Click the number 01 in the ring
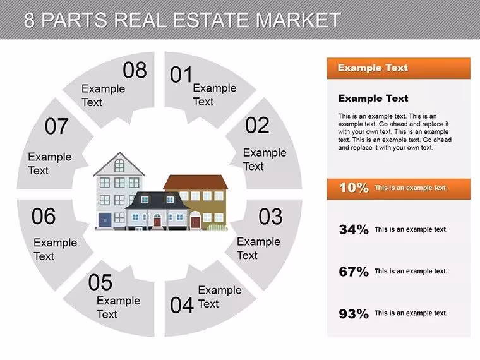181,75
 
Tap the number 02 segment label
257,125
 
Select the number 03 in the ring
270,217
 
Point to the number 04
182,305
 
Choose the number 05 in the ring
100,282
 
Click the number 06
44,216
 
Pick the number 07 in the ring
56,126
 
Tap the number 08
135,70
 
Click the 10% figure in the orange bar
354,188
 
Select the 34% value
354,229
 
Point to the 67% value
354,272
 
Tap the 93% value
354,314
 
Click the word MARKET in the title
298,20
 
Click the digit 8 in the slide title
29,20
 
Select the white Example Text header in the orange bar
373,68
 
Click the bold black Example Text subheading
373,99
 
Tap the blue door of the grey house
105,220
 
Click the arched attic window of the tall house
119,165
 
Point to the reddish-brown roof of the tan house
196,183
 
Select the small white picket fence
217,227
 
